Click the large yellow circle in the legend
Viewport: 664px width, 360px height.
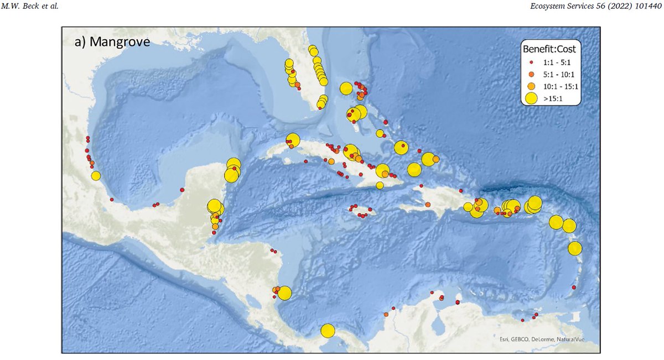(x=531, y=98)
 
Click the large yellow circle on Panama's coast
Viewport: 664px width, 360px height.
(x=328, y=331)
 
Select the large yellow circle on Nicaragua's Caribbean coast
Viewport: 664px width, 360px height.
(x=284, y=293)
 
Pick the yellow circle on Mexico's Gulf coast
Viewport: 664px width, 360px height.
(x=96, y=176)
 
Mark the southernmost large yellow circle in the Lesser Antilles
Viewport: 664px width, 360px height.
(x=575, y=248)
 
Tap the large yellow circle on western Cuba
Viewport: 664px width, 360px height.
(x=293, y=140)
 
